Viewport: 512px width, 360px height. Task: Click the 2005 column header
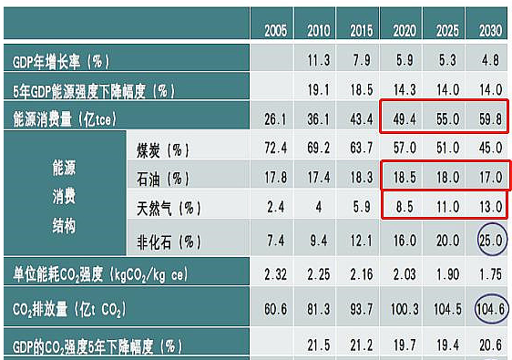tap(276, 31)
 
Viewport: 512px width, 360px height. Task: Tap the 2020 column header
tap(403, 31)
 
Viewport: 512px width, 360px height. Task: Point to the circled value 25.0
tap(488, 241)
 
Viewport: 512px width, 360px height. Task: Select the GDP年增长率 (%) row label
tap(62, 62)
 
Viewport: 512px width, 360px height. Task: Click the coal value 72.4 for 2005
tap(276, 147)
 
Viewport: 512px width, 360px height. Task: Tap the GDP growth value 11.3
tap(318, 61)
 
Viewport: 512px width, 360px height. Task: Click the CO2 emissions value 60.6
tap(276, 309)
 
